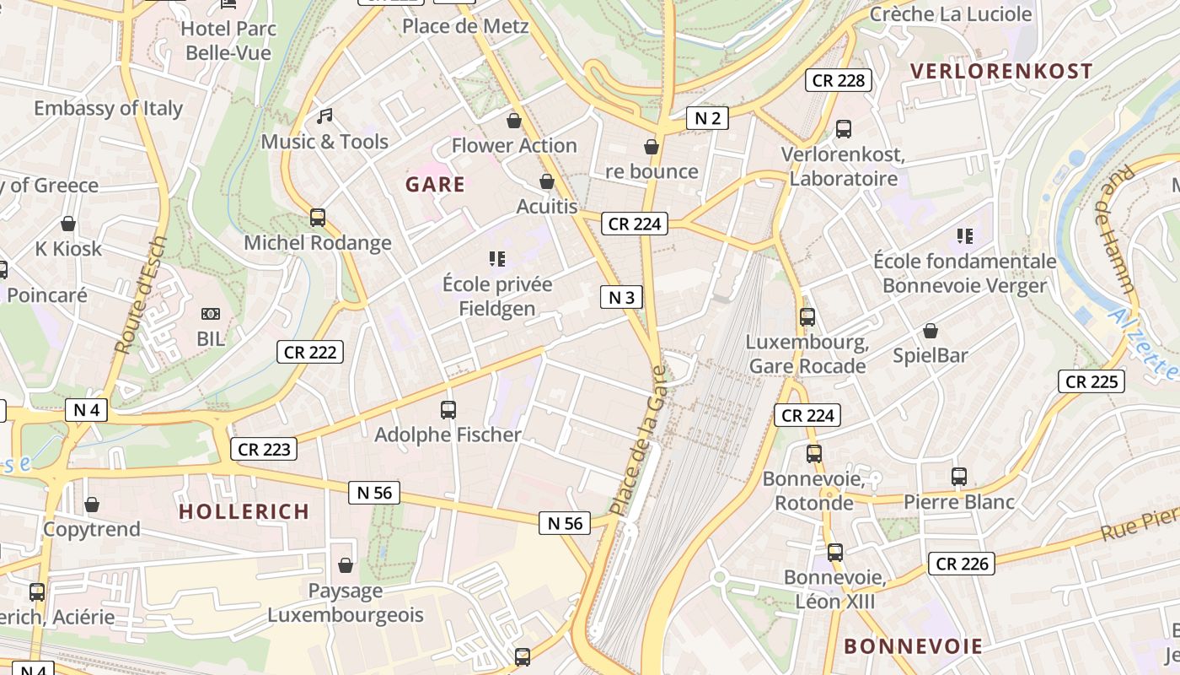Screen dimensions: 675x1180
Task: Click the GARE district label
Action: (x=435, y=185)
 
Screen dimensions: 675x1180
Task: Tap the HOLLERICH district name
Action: (x=244, y=511)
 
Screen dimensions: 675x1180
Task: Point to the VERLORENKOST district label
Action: (x=1001, y=71)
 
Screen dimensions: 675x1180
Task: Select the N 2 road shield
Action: (x=707, y=118)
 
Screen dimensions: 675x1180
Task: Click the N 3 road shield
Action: (x=621, y=297)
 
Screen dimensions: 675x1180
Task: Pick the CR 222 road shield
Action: (x=310, y=352)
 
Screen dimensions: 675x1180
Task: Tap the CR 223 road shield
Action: (x=264, y=449)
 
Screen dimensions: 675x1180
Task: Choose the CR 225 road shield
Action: (x=1091, y=381)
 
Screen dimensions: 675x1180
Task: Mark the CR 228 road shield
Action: (x=839, y=80)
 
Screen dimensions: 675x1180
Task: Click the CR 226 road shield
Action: (x=962, y=563)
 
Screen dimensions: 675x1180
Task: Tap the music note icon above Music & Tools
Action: (x=324, y=116)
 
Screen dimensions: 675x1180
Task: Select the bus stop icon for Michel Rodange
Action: (x=318, y=218)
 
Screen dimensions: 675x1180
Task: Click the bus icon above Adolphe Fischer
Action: (x=448, y=410)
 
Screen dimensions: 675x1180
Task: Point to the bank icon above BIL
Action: (x=211, y=314)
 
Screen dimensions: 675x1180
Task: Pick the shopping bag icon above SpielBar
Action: (x=931, y=331)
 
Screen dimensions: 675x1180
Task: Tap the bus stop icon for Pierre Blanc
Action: (x=959, y=477)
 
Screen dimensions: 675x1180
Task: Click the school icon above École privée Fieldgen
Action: (x=496, y=258)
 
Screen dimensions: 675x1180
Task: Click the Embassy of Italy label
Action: (x=108, y=108)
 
